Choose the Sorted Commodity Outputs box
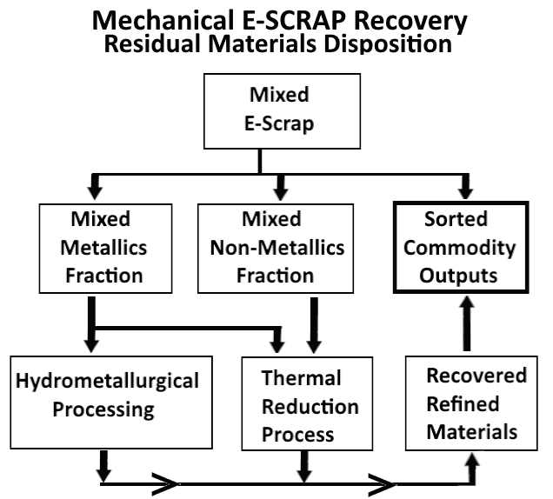[469, 249]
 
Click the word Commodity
[469, 249]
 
